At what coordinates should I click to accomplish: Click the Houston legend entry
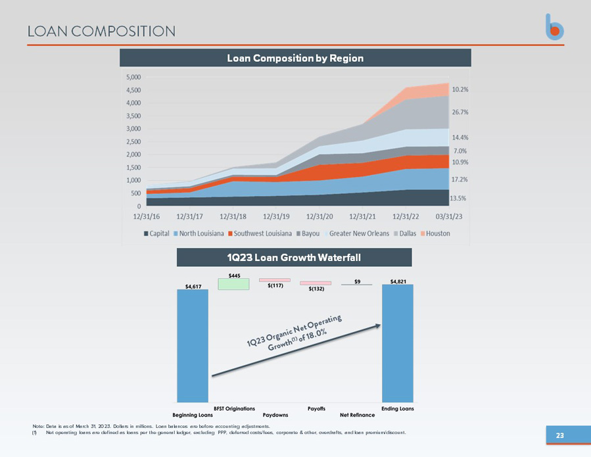pyautogui.click(x=435, y=233)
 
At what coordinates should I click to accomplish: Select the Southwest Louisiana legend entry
pyautogui.click(x=260, y=233)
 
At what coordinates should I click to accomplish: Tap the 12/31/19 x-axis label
pyautogui.click(x=276, y=216)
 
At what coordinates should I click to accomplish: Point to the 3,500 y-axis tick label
pyautogui.click(x=133, y=116)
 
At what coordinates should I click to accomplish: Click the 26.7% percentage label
pyautogui.click(x=460, y=112)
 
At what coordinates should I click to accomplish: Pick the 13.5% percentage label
pyautogui.click(x=458, y=198)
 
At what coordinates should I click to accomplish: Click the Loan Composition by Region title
pyautogui.click(x=295, y=58)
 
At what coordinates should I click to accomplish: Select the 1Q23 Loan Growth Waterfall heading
pyautogui.click(x=294, y=258)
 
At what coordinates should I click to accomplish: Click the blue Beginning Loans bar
pyautogui.click(x=193, y=346)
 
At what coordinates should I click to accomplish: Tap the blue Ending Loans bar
pyautogui.click(x=398, y=343)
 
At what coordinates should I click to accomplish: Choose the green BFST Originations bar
pyautogui.click(x=233, y=284)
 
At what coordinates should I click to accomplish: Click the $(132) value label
pyautogui.click(x=316, y=289)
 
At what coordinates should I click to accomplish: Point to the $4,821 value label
pyautogui.click(x=398, y=281)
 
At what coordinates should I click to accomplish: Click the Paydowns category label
pyautogui.click(x=275, y=415)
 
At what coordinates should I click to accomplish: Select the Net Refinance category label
pyautogui.click(x=358, y=415)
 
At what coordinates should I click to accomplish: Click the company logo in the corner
pyautogui.click(x=554, y=27)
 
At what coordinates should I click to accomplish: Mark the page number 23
pyautogui.click(x=560, y=435)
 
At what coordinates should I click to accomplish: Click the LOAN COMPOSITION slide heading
pyautogui.click(x=101, y=32)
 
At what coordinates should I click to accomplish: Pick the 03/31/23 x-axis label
pyautogui.click(x=449, y=216)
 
